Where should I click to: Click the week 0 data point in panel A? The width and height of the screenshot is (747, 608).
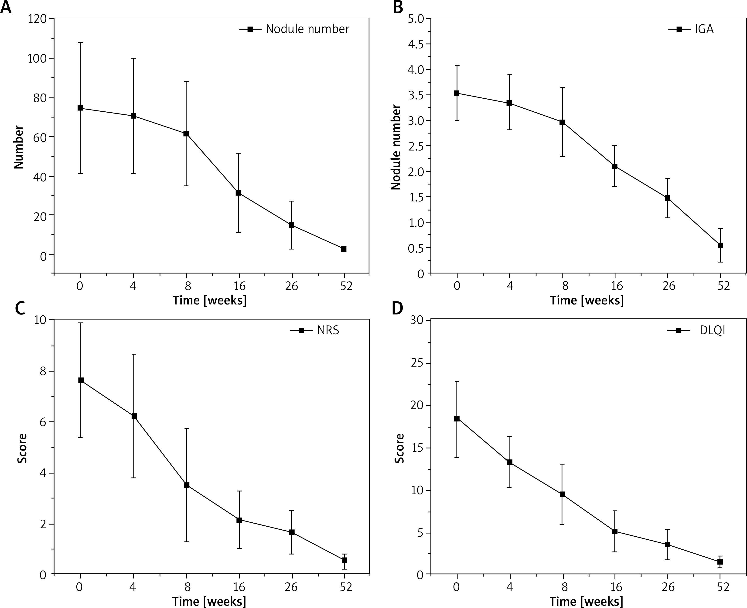80,108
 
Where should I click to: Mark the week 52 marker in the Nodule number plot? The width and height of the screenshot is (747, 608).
344,249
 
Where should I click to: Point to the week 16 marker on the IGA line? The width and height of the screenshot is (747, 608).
615,166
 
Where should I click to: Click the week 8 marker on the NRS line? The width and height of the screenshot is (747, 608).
187,485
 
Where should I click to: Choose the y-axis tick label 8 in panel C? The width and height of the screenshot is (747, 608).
43,371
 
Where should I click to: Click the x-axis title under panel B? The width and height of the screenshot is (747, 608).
587,301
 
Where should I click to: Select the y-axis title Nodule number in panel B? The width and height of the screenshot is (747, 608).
396,147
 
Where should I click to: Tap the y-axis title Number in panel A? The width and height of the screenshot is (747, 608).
19,147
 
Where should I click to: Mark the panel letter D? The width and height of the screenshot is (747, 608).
397,308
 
